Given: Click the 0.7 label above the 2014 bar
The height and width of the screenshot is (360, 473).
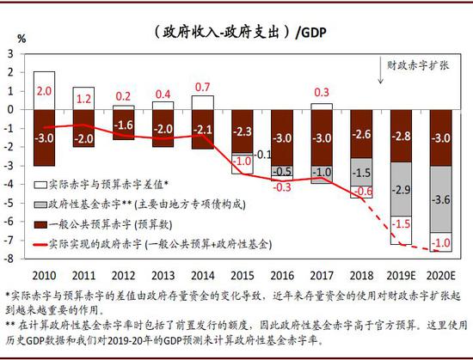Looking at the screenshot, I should (203, 88).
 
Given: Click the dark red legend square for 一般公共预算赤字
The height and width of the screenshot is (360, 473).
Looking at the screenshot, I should (40, 224).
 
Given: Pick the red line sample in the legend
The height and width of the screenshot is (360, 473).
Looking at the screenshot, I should (39, 244).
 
